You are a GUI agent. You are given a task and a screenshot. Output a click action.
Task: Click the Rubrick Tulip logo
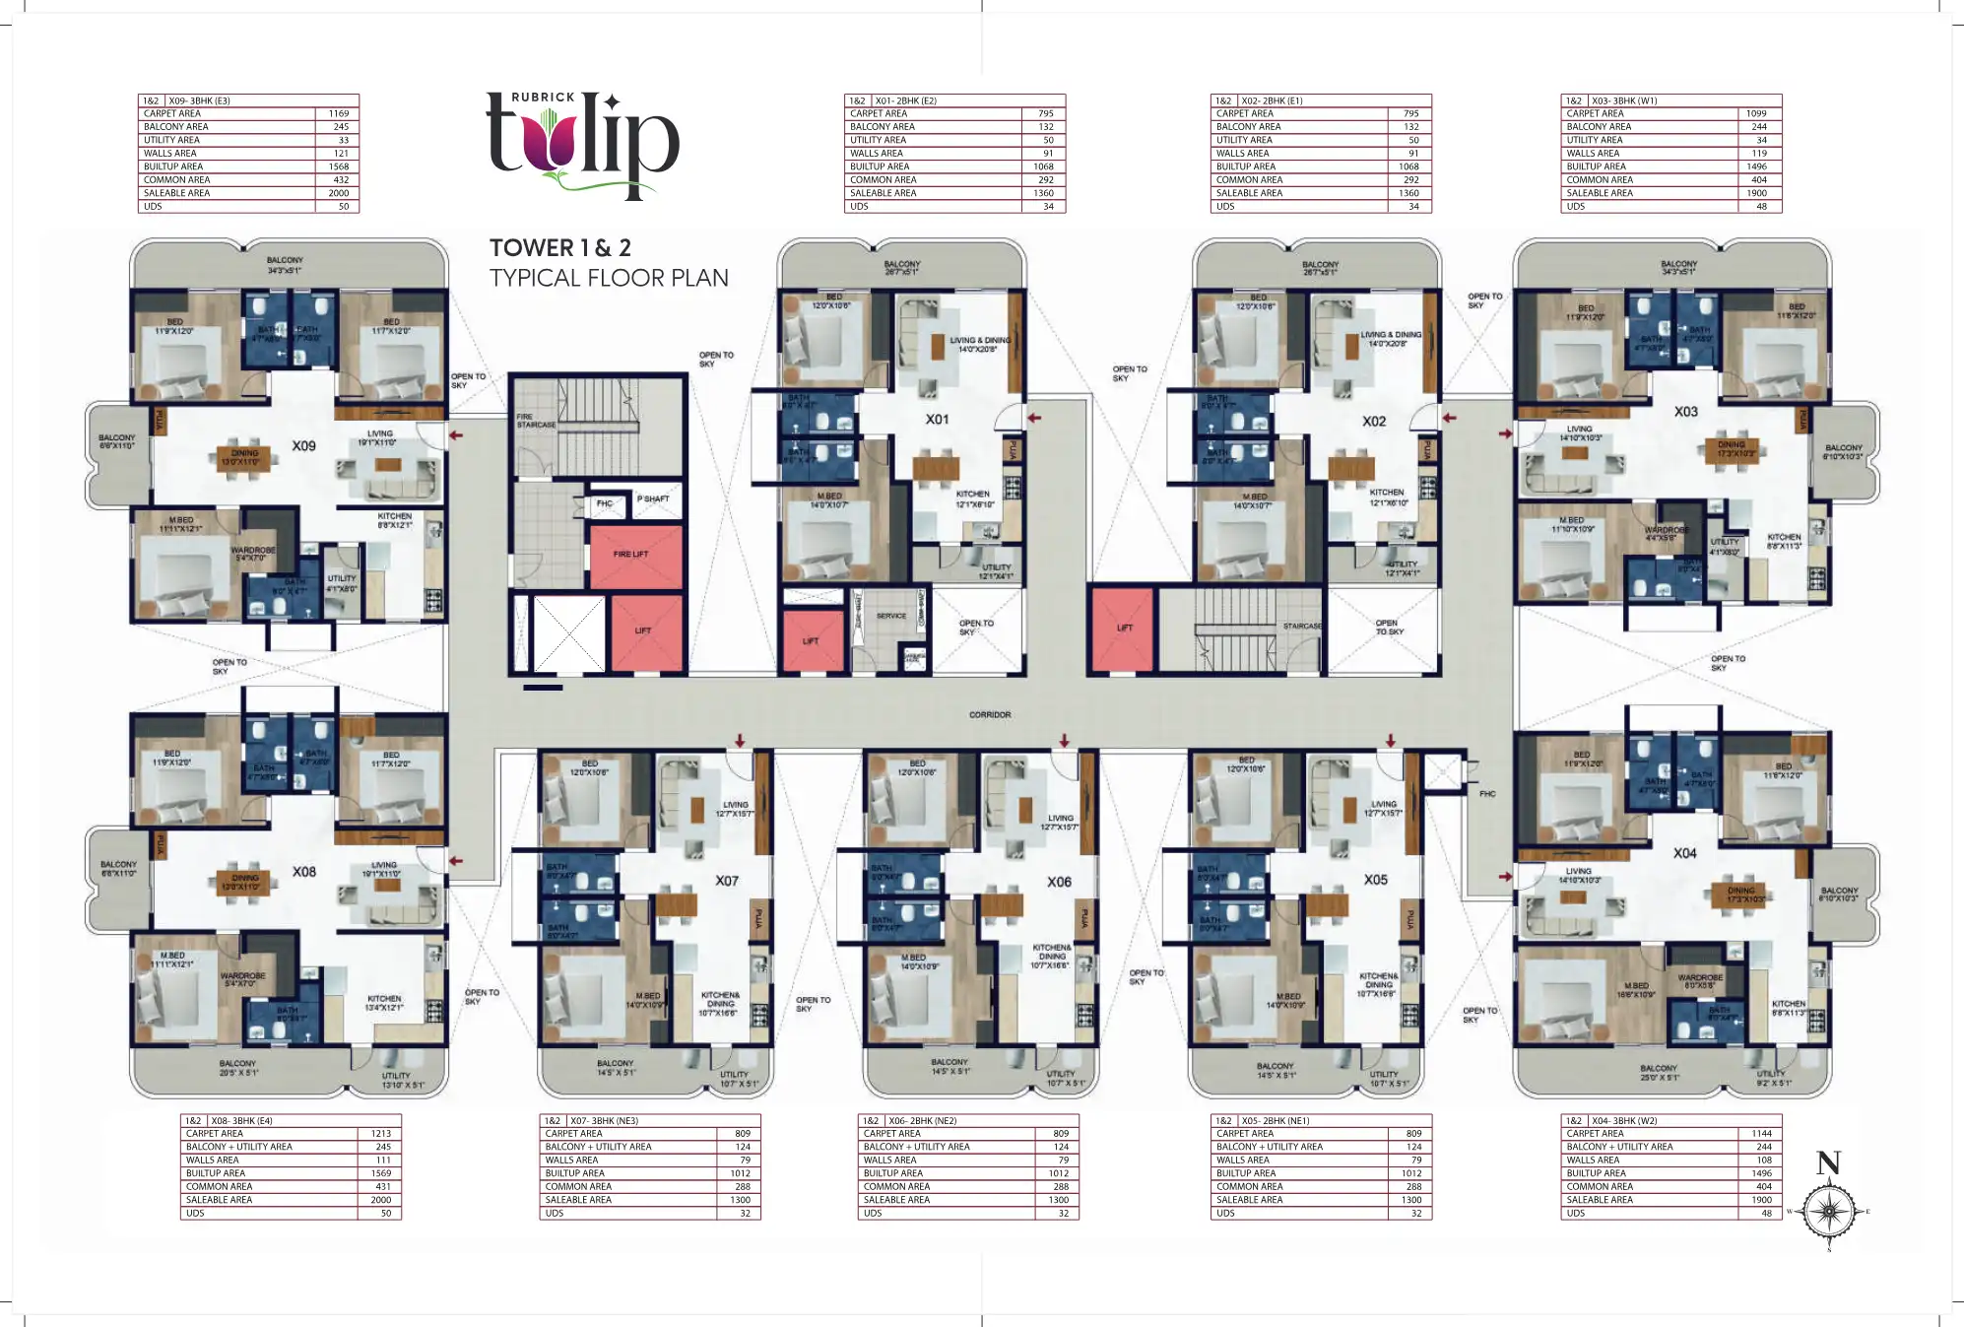(582, 146)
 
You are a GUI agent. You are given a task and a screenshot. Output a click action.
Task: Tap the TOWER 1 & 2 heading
(560, 248)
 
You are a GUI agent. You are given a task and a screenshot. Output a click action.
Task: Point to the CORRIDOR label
(989, 715)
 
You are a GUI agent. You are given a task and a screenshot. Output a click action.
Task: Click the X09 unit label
(303, 446)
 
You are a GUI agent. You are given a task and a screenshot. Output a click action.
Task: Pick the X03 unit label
(1685, 412)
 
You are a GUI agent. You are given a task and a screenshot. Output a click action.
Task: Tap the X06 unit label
(1059, 882)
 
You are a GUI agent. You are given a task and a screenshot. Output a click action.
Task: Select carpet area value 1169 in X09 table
(339, 114)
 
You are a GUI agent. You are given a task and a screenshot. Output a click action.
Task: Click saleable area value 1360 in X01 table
(1044, 193)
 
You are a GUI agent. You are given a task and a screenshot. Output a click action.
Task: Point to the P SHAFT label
(652, 499)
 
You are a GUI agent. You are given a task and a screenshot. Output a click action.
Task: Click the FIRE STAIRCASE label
(536, 422)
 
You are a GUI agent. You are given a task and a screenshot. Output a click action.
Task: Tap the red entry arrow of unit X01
(1033, 418)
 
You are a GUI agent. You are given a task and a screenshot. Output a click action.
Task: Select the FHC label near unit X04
(1487, 793)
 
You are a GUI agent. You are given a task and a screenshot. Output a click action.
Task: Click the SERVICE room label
(890, 616)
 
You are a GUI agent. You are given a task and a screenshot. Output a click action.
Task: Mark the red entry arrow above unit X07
(740, 741)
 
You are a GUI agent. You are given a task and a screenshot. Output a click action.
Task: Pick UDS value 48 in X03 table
(1761, 207)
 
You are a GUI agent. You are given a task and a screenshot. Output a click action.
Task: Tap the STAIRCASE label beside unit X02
(1302, 627)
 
